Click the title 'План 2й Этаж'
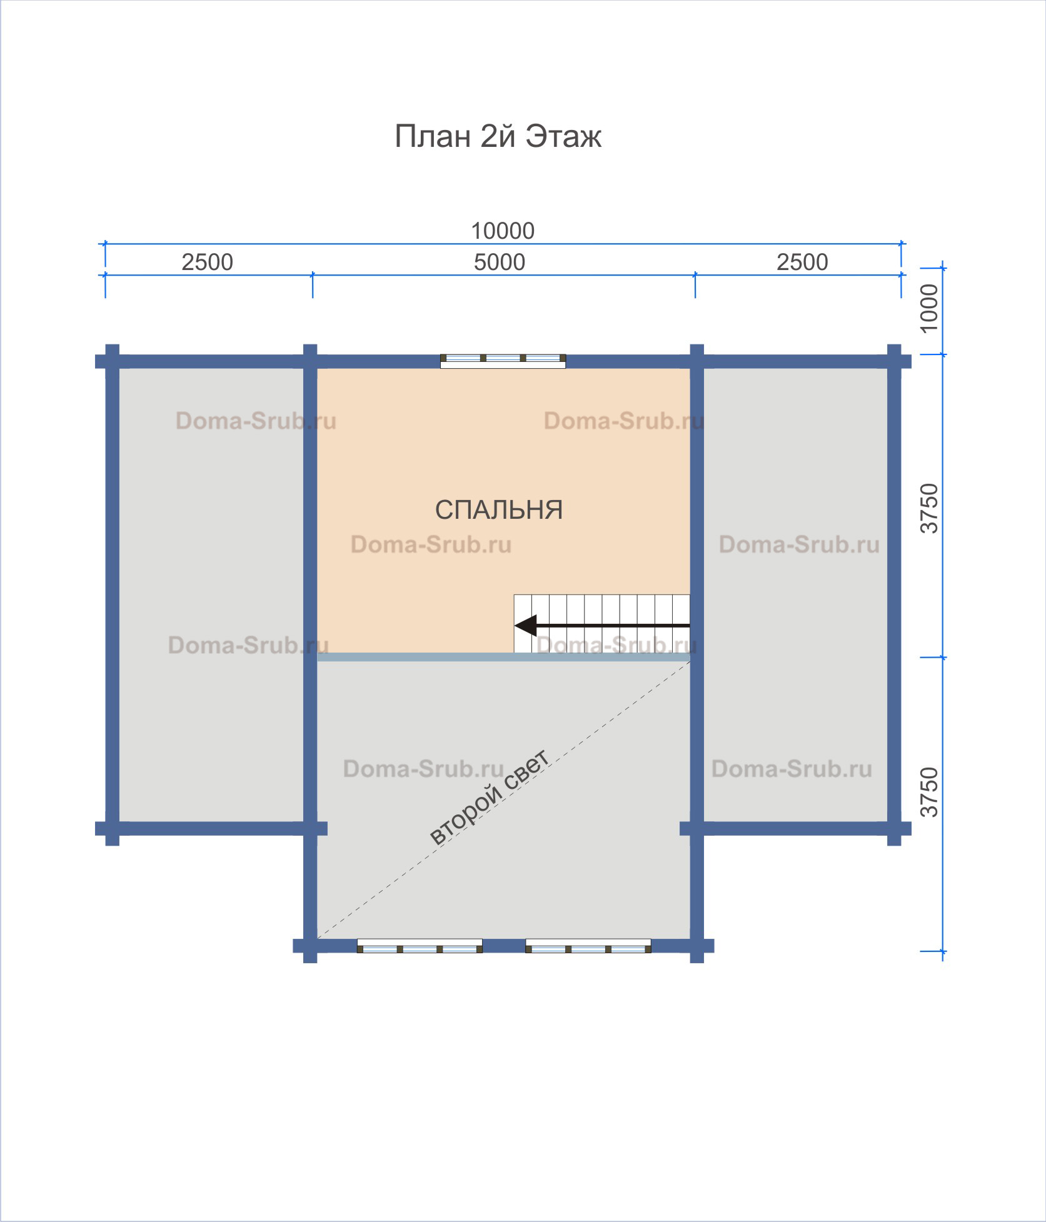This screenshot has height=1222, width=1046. (498, 136)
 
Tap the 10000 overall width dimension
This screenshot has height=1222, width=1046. (503, 231)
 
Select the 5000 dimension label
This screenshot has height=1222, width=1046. (500, 262)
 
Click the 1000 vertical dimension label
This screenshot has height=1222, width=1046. (930, 308)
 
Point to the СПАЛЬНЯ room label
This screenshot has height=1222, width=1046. (499, 510)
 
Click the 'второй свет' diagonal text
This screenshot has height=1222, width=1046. (490, 797)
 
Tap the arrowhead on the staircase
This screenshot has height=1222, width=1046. (525, 625)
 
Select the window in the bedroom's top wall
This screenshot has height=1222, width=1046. (503, 361)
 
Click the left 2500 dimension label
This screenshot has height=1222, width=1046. (208, 262)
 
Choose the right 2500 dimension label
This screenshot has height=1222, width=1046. (802, 262)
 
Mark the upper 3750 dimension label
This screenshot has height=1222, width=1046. (930, 508)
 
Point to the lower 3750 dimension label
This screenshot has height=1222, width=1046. (930, 793)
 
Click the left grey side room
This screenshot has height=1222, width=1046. (211, 594)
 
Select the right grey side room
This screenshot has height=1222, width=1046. (795, 594)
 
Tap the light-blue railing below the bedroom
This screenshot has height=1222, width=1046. (504, 657)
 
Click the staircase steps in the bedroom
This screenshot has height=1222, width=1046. (602, 624)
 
